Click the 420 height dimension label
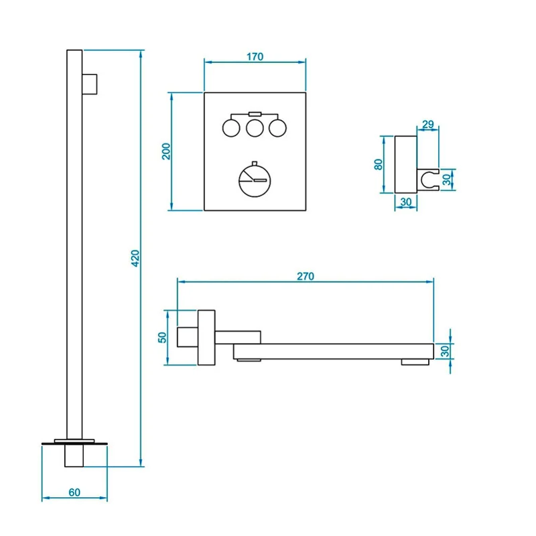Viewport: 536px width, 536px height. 133,259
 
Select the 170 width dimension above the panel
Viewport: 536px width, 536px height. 254,57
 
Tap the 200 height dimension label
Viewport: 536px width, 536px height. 167,151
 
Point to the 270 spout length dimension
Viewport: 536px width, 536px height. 305,276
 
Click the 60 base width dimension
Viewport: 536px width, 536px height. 74,492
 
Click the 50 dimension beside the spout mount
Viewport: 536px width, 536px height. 161,337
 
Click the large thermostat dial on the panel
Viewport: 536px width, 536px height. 255,180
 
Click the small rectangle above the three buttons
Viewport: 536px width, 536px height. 254,113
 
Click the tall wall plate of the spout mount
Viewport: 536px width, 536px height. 206,338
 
